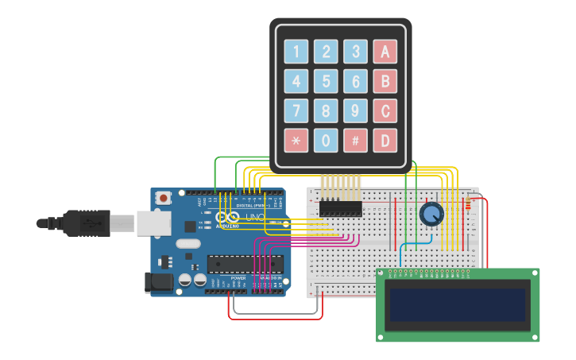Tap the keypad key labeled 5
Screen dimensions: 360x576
(x=326, y=81)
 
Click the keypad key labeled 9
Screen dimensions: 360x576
(x=355, y=110)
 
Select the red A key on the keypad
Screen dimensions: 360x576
(x=385, y=52)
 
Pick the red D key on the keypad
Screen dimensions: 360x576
(x=385, y=140)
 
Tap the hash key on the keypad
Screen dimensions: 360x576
(x=355, y=140)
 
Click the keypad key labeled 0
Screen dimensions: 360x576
(x=326, y=140)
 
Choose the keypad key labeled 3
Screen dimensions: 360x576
(x=355, y=52)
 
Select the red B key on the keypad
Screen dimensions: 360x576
(x=385, y=81)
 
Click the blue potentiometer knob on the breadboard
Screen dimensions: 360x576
(x=431, y=214)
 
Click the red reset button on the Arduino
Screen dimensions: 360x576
(x=164, y=198)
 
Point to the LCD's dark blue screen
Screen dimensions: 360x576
(x=457, y=304)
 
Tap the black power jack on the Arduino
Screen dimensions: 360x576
(x=159, y=281)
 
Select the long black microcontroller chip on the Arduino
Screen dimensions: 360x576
(x=245, y=264)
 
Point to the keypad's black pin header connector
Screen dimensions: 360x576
(x=341, y=208)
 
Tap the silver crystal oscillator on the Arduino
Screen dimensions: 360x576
(x=188, y=244)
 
